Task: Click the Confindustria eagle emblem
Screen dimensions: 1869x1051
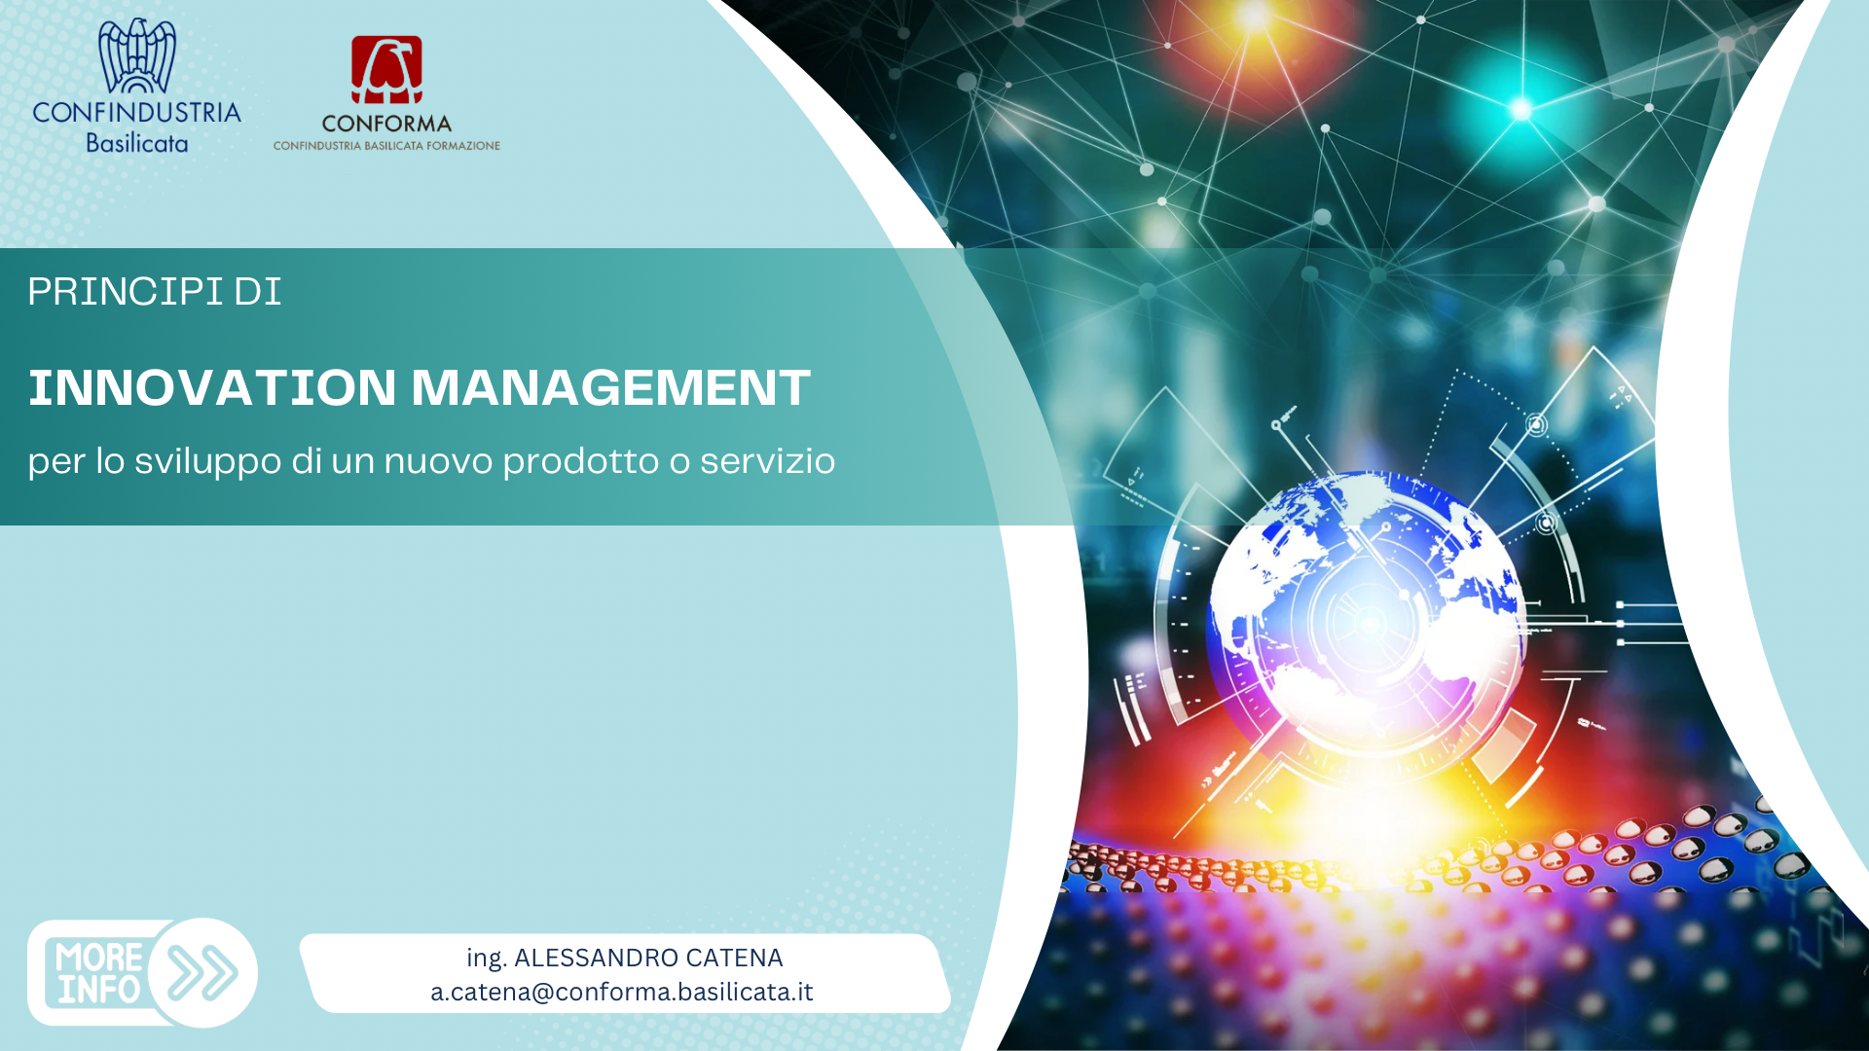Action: point(137,55)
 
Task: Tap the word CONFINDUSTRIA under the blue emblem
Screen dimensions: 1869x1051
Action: point(137,113)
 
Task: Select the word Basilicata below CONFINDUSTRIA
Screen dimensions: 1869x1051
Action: point(137,143)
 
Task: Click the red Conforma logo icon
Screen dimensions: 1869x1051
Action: point(386,70)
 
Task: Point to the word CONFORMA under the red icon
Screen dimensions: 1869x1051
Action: point(386,125)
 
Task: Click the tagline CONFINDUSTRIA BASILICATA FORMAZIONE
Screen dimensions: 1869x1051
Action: point(386,146)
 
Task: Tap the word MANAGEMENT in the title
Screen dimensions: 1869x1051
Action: point(610,387)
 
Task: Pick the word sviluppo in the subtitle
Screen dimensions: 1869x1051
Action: point(207,461)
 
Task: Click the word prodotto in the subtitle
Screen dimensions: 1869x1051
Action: point(580,461)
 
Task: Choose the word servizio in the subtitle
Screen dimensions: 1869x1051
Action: point(767,460)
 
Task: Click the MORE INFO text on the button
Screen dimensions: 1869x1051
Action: point(99,973)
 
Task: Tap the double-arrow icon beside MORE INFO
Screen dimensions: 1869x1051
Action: point(202,972)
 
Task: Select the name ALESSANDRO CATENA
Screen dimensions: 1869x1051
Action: point(648,959)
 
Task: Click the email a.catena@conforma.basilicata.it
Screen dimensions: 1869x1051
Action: point(622,992)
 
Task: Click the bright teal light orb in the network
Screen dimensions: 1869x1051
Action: point(1521,108)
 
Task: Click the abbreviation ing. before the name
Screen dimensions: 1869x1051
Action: point(487,959)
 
